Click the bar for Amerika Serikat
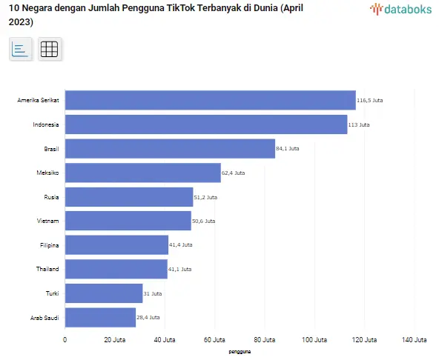coord(211,100)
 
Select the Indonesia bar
coord(206,124)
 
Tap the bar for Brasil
coord(171,149)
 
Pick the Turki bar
coord(104,293)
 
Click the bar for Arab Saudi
coord(101,318)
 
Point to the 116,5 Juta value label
coord(369,100)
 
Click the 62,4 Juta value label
coord(233,173)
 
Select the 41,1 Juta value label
coord(179,269)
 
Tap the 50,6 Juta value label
coord(203,221)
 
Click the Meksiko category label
coord(47,173)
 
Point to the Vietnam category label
coord(48,221)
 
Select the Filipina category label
coord(50,245)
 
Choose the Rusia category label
coord(51,197)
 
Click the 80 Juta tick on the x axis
coord(265,340)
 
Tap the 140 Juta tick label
coord(415,340)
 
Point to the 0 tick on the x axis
coord(65,340)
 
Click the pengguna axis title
coord(240,352)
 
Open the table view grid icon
coord(49,49)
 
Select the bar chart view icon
coord(20,49)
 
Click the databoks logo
coord(400,9)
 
